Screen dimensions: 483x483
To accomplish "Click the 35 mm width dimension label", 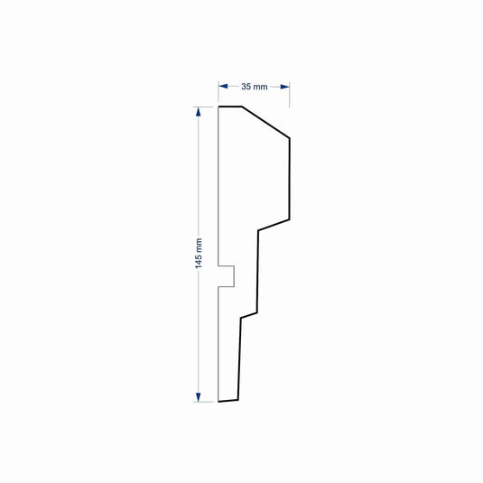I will [254, 87].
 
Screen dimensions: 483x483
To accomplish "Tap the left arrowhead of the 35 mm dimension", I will [223, 87].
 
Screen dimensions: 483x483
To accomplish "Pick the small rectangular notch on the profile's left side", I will [228, 275].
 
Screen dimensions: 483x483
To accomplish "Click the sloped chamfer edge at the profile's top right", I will [265, 123].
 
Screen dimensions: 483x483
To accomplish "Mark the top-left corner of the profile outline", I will [219, 107].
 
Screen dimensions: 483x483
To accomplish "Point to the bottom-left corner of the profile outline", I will [219, 401].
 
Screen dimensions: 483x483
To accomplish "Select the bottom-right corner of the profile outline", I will [237, 399].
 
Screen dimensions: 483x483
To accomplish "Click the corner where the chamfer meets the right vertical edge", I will [289, 138].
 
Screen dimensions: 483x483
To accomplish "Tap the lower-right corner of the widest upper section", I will [289, 219].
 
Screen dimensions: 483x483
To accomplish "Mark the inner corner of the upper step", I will [259, 230].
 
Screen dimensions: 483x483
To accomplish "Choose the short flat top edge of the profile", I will [230, 107].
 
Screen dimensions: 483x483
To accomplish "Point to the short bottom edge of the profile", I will [228, 400].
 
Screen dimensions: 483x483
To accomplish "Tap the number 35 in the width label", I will [246, 87].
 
